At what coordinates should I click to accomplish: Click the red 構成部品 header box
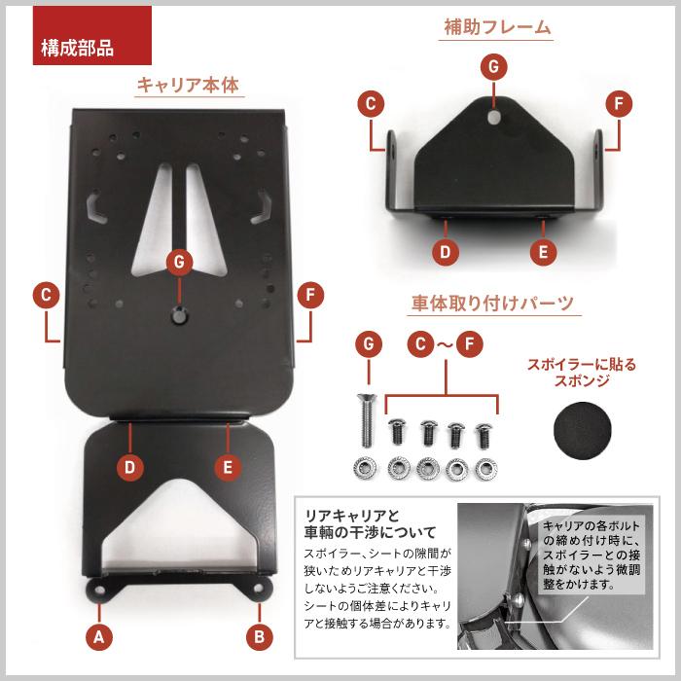[92, 35]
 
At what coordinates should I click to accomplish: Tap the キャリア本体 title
[189, 85]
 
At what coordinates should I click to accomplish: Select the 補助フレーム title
[497, 27]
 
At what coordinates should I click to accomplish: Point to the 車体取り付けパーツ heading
[493, 303]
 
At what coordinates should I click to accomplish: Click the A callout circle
[99, 636]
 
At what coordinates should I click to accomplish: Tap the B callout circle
[260, 636]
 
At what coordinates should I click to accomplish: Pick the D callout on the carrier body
[129, 467]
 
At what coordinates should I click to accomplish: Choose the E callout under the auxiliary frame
[543, 252]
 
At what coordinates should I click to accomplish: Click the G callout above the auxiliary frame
[494, 67]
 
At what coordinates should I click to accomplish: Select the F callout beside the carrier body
[310, 296]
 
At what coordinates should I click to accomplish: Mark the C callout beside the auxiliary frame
[371, 104]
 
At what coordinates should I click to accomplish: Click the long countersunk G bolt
[366, 419]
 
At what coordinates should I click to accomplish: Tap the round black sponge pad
[582, 430]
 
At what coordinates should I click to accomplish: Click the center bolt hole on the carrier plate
[179, 315]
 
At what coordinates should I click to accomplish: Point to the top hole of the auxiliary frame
[494, 117]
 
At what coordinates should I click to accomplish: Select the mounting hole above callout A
[99, 591]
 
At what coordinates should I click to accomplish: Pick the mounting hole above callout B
[259, 588]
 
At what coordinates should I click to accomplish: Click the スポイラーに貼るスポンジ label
[582, 373]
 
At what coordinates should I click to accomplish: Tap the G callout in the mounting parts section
[369, 344]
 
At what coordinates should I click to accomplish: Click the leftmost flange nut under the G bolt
[365, 468]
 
